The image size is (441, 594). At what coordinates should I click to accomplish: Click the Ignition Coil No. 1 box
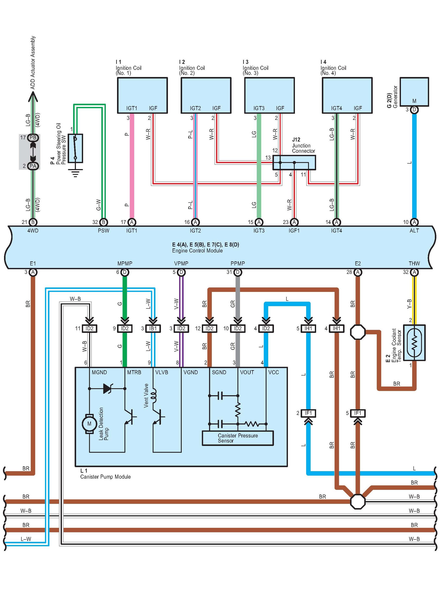(142, 95)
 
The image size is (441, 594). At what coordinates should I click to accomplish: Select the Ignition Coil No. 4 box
(347, 95)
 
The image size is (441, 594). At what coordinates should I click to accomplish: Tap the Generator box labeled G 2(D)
(414, 92)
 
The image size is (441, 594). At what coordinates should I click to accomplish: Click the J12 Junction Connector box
(294, 162)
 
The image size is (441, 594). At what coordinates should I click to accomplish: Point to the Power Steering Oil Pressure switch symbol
(75, 148)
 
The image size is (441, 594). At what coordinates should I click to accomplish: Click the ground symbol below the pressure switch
(75, 173)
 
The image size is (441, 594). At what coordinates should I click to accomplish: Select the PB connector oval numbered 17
(33, 137)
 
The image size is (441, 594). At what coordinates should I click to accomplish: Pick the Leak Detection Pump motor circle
(89, 424)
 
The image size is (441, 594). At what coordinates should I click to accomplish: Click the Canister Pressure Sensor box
(238, 438)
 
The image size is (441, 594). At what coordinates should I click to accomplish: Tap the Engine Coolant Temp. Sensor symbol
(414, 343)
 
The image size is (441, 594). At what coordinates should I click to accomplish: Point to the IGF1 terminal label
(294, 231)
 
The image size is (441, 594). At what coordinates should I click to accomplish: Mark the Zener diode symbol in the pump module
(107, 389)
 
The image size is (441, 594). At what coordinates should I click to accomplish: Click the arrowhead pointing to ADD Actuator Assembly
(33, 97)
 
